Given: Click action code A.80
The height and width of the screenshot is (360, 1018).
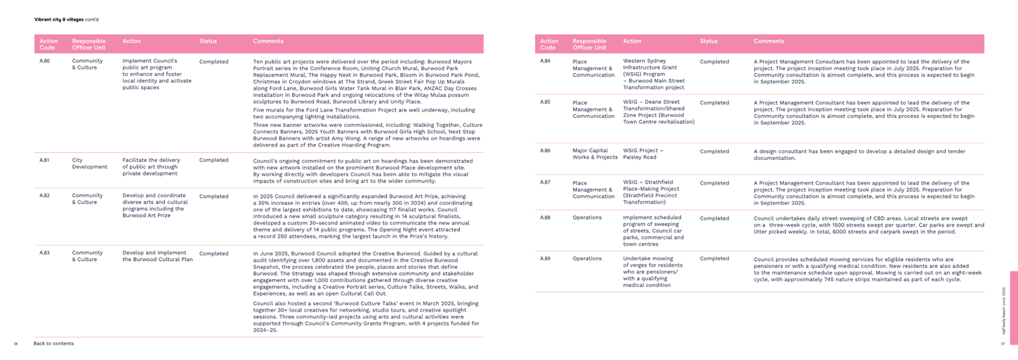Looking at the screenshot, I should (44, 61).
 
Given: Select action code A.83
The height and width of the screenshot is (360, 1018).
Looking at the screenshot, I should (44, 253).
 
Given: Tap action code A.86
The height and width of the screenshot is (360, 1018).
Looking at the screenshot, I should (545, 150).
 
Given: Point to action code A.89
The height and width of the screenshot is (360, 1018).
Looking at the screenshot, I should (545, 258).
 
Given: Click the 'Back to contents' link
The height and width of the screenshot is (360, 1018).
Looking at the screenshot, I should (53, 344).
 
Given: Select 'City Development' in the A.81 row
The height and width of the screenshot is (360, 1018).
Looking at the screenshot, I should (89, 164).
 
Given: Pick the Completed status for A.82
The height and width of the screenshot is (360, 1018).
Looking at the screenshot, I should (213, 196).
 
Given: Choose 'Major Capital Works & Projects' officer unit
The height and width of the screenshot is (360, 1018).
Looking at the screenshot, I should (595, 154).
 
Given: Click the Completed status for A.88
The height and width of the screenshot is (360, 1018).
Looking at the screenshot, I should (714, 218).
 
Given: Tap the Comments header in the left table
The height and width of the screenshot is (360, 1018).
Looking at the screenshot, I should (268, 41).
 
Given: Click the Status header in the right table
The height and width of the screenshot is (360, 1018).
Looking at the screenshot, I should (708, 41).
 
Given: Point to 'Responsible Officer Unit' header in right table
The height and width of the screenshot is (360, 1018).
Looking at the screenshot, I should (589, 44).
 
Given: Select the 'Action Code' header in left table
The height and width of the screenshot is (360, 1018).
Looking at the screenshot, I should (48, 44).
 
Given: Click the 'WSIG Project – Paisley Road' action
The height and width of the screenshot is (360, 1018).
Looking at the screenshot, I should (642, 154).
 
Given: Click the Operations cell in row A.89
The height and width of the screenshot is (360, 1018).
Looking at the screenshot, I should (587, 258).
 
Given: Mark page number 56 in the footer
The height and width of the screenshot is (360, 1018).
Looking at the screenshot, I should (15, 344).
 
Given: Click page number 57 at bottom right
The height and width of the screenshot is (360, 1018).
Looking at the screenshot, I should (1003, 344).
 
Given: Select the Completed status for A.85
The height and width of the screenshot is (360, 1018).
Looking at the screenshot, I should (714, 102).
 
